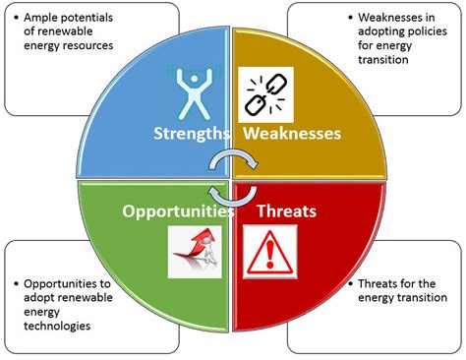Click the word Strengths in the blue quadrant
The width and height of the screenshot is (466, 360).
click(190, 134)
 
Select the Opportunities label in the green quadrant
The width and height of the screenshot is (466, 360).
click(178, 210)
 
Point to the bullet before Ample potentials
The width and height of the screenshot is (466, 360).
click(13, 18)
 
